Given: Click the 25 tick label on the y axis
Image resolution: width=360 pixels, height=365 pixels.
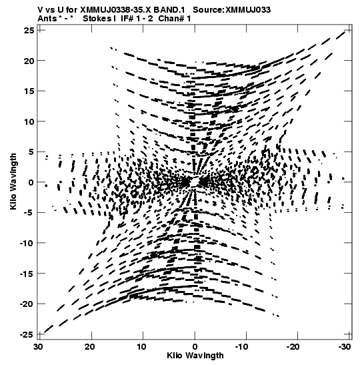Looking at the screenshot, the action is click(29, 31).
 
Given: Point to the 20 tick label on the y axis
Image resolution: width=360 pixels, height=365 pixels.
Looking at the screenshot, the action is click(29, 61).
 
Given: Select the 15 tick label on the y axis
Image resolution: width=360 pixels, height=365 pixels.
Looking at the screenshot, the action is click(29, 91).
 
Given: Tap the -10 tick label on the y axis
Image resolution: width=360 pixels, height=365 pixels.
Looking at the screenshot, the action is click(27, 244).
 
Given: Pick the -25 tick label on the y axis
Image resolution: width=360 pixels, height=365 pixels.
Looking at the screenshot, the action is click(27, 334).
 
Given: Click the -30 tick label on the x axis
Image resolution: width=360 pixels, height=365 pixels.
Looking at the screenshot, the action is click(345, 347).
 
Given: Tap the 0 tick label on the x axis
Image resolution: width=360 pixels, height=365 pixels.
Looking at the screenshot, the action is click(195, 347).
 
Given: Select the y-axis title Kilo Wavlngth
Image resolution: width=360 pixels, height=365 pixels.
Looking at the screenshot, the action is click(13, 181).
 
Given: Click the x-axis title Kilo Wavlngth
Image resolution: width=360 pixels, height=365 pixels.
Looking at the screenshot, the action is click(195, 356).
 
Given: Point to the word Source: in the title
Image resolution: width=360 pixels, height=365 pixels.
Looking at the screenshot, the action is click(209, 10).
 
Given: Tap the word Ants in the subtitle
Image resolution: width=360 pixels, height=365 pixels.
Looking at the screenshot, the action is click(47, 19).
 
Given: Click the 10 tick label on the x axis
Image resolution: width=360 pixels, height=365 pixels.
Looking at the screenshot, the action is click(142, 347).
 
